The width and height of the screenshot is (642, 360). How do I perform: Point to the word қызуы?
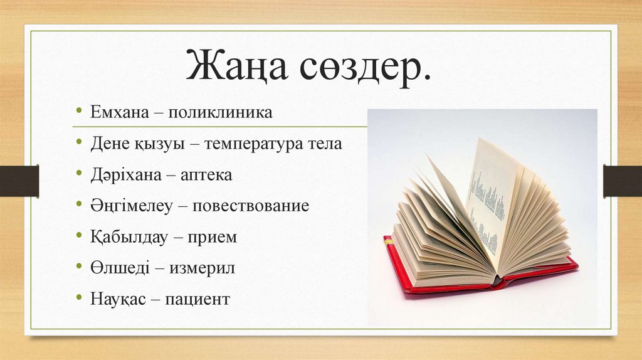tap(157, 144)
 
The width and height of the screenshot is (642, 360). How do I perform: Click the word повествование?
tap(251, 206)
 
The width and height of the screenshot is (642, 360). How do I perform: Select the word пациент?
tap(198, 299)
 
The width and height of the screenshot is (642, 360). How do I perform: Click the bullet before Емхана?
tap(79, 113)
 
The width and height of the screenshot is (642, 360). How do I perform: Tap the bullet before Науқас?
tap(79, 299)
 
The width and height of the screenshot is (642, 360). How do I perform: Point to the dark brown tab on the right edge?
tap(623, 181)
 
